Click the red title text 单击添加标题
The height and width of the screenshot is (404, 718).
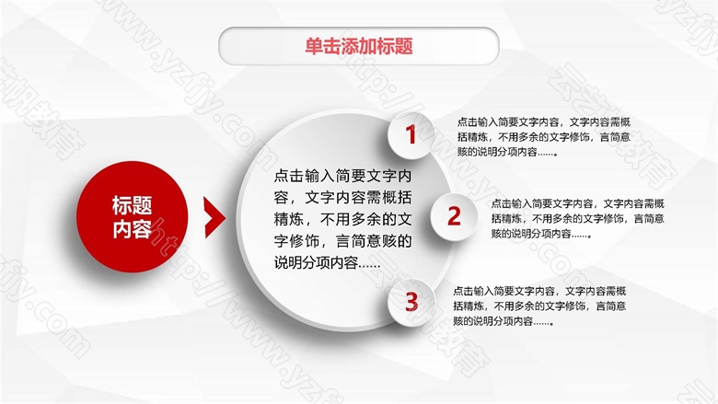coord(359,46)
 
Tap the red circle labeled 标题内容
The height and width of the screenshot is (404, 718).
coord(132,217)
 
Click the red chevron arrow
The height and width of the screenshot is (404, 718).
coord(214,217)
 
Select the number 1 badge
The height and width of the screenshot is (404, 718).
coord(411,135)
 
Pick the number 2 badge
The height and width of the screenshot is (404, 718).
coord(454,216)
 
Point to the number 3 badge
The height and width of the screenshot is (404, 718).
coord(411,303)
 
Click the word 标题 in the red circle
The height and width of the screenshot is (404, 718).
coord(132,205)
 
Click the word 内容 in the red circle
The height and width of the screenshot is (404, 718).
coord(132,229)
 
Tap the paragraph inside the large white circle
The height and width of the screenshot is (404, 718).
coord(343,219)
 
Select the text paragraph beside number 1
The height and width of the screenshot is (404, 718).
coord(544,137)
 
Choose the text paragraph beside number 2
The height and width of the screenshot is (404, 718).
coord(578,218)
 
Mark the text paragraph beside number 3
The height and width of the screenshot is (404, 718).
coord(539,306)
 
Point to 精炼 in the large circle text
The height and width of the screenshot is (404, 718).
coord(289,219)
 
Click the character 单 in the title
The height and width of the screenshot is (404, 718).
coord(314,46)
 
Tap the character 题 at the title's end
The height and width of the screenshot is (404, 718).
coord(404,46)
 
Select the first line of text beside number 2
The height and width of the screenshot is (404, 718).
coord(578,203)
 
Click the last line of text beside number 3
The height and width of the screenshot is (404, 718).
coord(504,321)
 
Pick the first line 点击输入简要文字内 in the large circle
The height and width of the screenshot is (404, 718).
coord(343,175)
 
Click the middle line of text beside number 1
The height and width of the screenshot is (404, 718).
coord(544,137)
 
